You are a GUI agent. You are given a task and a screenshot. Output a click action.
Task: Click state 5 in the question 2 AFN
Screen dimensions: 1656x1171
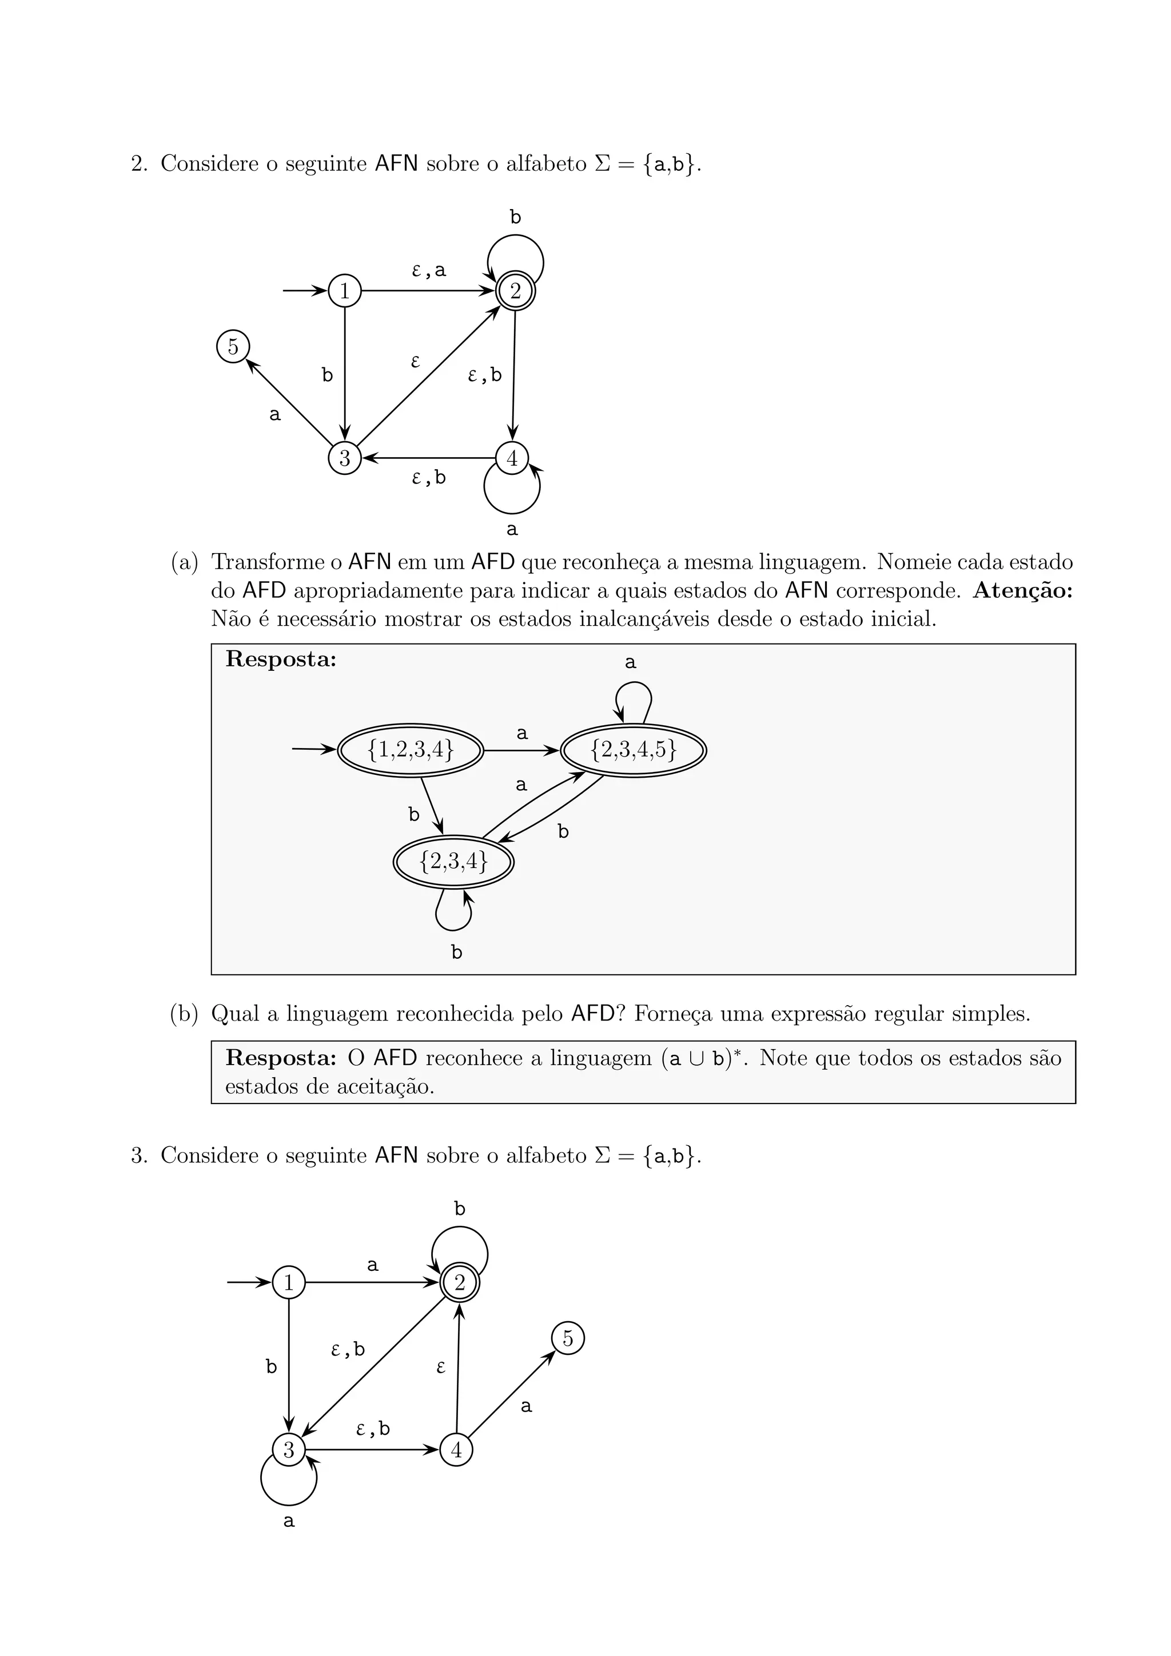point(233,347)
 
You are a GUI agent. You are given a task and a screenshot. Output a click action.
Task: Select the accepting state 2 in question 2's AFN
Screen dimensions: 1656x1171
point(515,291)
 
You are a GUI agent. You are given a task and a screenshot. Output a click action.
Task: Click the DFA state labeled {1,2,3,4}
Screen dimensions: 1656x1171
point(411,750)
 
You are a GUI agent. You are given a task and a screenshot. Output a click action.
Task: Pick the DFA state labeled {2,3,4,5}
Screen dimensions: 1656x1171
point(634,750)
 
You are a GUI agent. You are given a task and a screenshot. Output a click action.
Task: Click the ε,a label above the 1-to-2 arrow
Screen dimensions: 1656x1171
point(429,270)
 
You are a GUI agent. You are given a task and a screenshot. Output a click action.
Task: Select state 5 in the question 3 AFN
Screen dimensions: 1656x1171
point(568,1339)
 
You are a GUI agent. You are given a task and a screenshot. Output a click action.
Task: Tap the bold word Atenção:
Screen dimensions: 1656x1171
point(1022,591)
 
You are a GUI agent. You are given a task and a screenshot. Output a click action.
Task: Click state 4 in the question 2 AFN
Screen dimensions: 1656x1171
point(512,458)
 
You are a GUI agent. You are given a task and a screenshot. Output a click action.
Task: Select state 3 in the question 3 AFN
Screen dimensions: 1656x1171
point(289,1450)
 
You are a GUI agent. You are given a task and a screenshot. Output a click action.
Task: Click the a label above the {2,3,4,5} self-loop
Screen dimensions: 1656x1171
point(631,662)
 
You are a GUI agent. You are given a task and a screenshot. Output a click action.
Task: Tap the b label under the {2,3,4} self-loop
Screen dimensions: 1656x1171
point(457,953)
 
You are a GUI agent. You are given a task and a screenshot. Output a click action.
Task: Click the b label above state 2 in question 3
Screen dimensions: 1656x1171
point(460,1209)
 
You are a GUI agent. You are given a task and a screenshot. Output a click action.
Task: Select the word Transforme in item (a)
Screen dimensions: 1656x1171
point(268,562)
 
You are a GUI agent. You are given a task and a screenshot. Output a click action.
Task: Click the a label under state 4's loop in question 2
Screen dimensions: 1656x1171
point(512,529)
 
